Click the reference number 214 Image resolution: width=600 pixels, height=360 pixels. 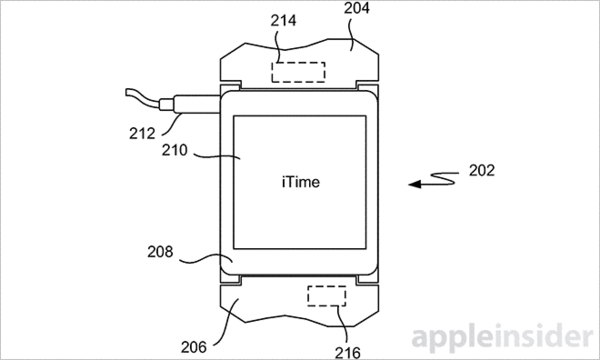[283, 20]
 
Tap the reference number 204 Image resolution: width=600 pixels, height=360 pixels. [357, 8]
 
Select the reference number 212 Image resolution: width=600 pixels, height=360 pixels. [142, 134]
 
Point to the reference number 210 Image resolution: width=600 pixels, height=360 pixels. [174, 150]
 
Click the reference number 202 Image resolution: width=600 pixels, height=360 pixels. [482, 170]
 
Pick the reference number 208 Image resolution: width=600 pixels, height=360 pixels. [160, 252]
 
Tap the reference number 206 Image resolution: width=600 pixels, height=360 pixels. [194, 347]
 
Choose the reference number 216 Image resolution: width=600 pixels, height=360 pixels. [347, 352]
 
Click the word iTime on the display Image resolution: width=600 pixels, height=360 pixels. [301, 182]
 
